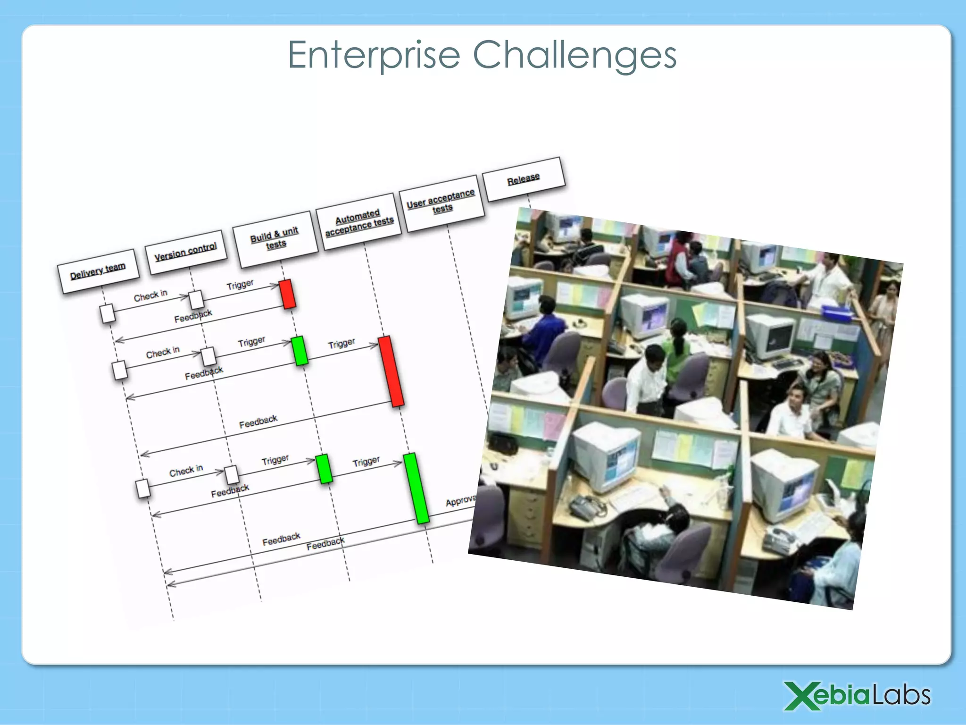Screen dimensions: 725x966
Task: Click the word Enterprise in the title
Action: tap(374, 56)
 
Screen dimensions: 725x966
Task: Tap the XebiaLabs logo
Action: tap(857, 696)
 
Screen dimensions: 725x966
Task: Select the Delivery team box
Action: tap(98, 271)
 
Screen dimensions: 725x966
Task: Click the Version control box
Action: tap(186, 251)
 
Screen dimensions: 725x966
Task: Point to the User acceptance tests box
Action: tap(441, 202)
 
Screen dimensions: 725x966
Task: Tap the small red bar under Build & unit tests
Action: tap(287, 294)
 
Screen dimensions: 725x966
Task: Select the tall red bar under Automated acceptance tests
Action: tap(391, 371)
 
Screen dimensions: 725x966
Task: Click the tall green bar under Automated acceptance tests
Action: tap(416, 488)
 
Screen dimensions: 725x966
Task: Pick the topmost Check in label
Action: tap(150, 295)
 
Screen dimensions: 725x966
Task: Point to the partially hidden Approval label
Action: tap(460, 501)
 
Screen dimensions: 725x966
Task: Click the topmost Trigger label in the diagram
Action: tap(240, 285)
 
